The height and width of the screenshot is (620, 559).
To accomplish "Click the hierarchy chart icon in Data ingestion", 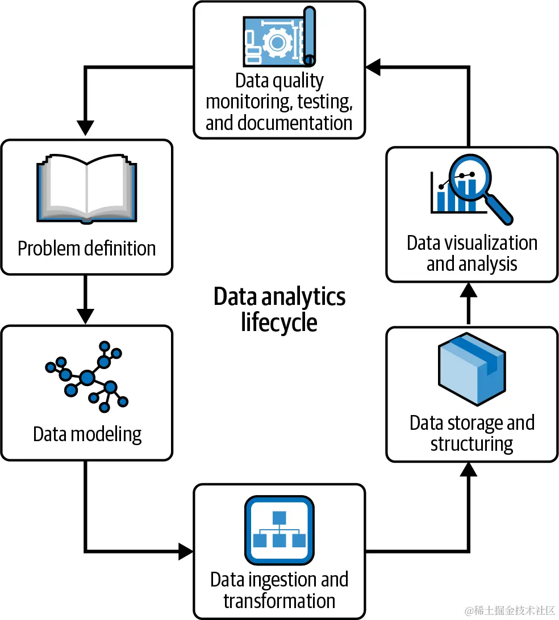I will [x=279, y=530].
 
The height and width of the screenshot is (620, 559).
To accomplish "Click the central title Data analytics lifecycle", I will [x=279, y=309].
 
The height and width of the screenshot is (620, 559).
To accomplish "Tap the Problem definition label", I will [x=86, y=249].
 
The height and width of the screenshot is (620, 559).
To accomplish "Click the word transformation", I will [x=279, y=601].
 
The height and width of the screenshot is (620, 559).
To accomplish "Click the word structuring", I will [x=472, y=443].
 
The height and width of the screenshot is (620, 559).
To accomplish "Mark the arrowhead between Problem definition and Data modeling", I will [x=85, y=316].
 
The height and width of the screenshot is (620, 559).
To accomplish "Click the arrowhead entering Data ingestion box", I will [x=186, y=550].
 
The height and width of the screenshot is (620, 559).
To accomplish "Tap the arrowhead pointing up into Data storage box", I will [x=469, y=469].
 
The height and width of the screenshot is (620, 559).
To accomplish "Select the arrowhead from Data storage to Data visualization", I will [x=469, y=290].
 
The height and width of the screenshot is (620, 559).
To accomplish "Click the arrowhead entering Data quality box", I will [x=373, y=68].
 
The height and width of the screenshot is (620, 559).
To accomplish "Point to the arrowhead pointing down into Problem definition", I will [x=85, y=128].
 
